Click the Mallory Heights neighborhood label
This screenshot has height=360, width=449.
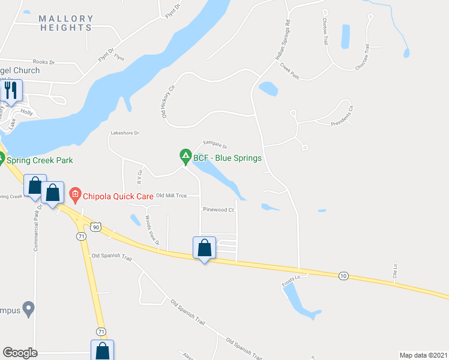(x=66, y=23)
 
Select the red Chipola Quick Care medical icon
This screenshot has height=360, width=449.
(x=75, y=194)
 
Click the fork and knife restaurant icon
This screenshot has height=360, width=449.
(x=11, y=91)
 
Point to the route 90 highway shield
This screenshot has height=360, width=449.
(x=96, y=226)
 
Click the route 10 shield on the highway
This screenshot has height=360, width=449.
(x=343, y=275)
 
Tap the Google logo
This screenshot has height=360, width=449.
(x=19, y=353)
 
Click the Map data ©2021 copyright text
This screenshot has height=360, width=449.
(x=423, y=355)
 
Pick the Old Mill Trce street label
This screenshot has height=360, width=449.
(x=172, y=196)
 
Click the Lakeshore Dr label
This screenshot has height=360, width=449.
(x=124, y=133)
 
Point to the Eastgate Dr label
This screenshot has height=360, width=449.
(x=215, y=145)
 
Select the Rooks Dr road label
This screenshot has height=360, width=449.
(x=44, y=61)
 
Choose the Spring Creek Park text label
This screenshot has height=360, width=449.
(x=40, y=160)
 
